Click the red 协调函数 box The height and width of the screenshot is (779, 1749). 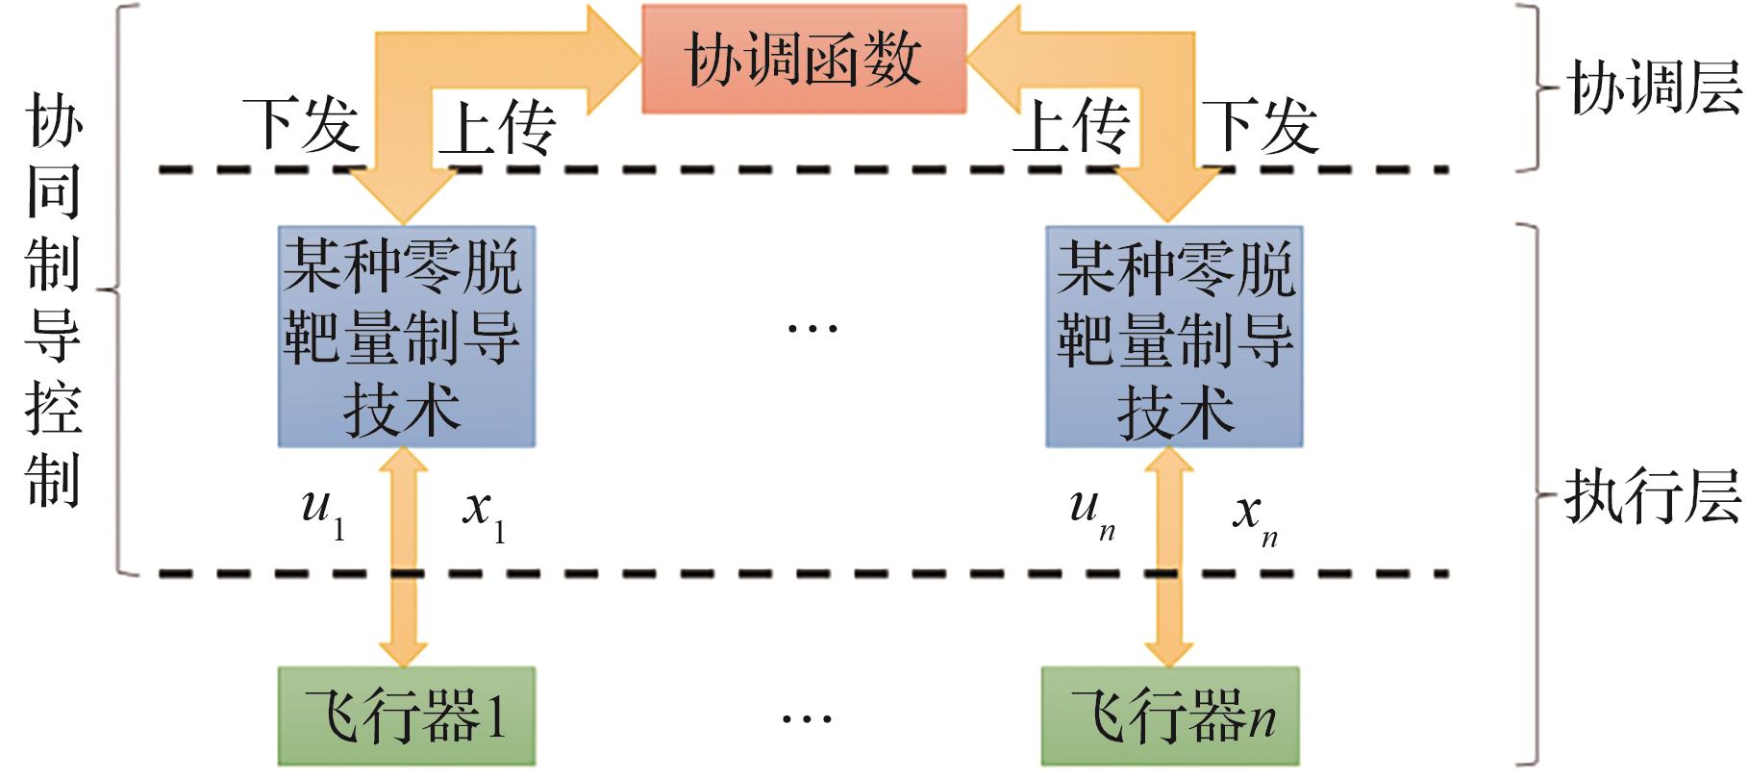click(x=804, y=60)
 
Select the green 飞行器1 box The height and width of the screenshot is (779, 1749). click(x=406, y=716)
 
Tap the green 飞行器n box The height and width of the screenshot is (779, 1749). click(x=1170, y=716)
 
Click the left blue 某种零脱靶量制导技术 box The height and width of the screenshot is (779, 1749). click(x=406, y=337)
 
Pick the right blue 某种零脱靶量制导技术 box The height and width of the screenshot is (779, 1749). click(x=1174, y=337)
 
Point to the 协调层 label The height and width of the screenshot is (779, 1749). click(x=1654, y=88)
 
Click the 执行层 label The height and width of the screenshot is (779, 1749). click(x=1652, y=497)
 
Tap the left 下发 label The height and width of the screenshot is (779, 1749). click(x=301, y=125)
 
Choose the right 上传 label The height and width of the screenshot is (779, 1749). click(x=1070, y=126)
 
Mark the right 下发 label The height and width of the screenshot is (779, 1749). click(x=1260, y=126)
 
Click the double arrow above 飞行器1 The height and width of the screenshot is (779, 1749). click(x=404, y=558)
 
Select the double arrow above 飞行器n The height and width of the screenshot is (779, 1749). click(x=1169, y=558)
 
